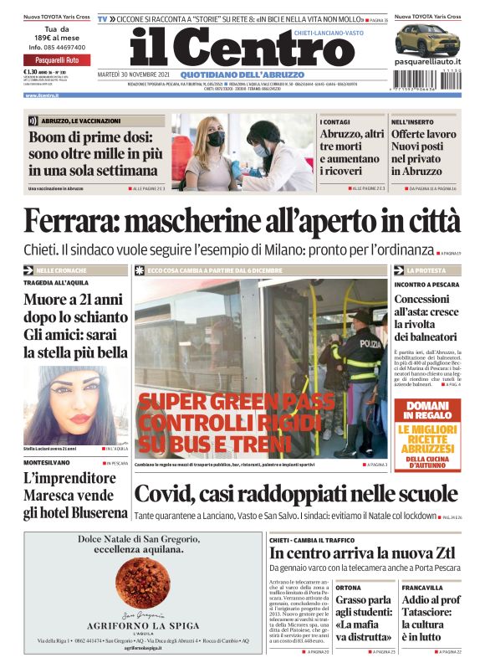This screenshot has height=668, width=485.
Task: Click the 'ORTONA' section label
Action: point(349,588)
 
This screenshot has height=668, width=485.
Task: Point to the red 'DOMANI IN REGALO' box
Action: point(426,410)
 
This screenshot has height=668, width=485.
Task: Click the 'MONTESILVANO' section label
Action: point(47,463)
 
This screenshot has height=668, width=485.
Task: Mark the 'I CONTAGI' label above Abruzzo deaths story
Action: point(334,122)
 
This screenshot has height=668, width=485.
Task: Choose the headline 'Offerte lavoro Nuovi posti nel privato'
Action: point(425,152)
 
